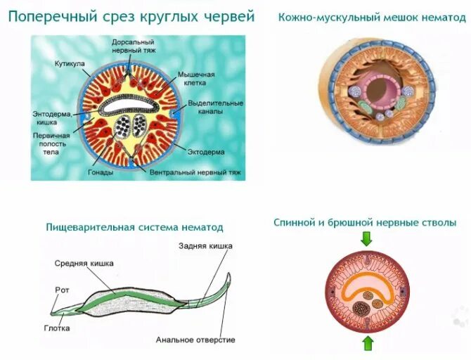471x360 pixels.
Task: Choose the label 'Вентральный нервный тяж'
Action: coord(191,171)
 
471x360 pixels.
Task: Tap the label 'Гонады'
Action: coord(101,171)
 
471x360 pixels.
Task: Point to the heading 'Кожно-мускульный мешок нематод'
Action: coord(372,18)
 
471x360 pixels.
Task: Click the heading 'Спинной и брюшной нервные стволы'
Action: coord(365,222)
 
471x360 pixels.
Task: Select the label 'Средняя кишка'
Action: coord(81,263)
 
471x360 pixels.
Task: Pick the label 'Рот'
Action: coord(62,289)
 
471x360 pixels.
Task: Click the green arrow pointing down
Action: coord(366,240)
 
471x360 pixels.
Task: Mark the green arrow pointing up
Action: coord(366,343)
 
